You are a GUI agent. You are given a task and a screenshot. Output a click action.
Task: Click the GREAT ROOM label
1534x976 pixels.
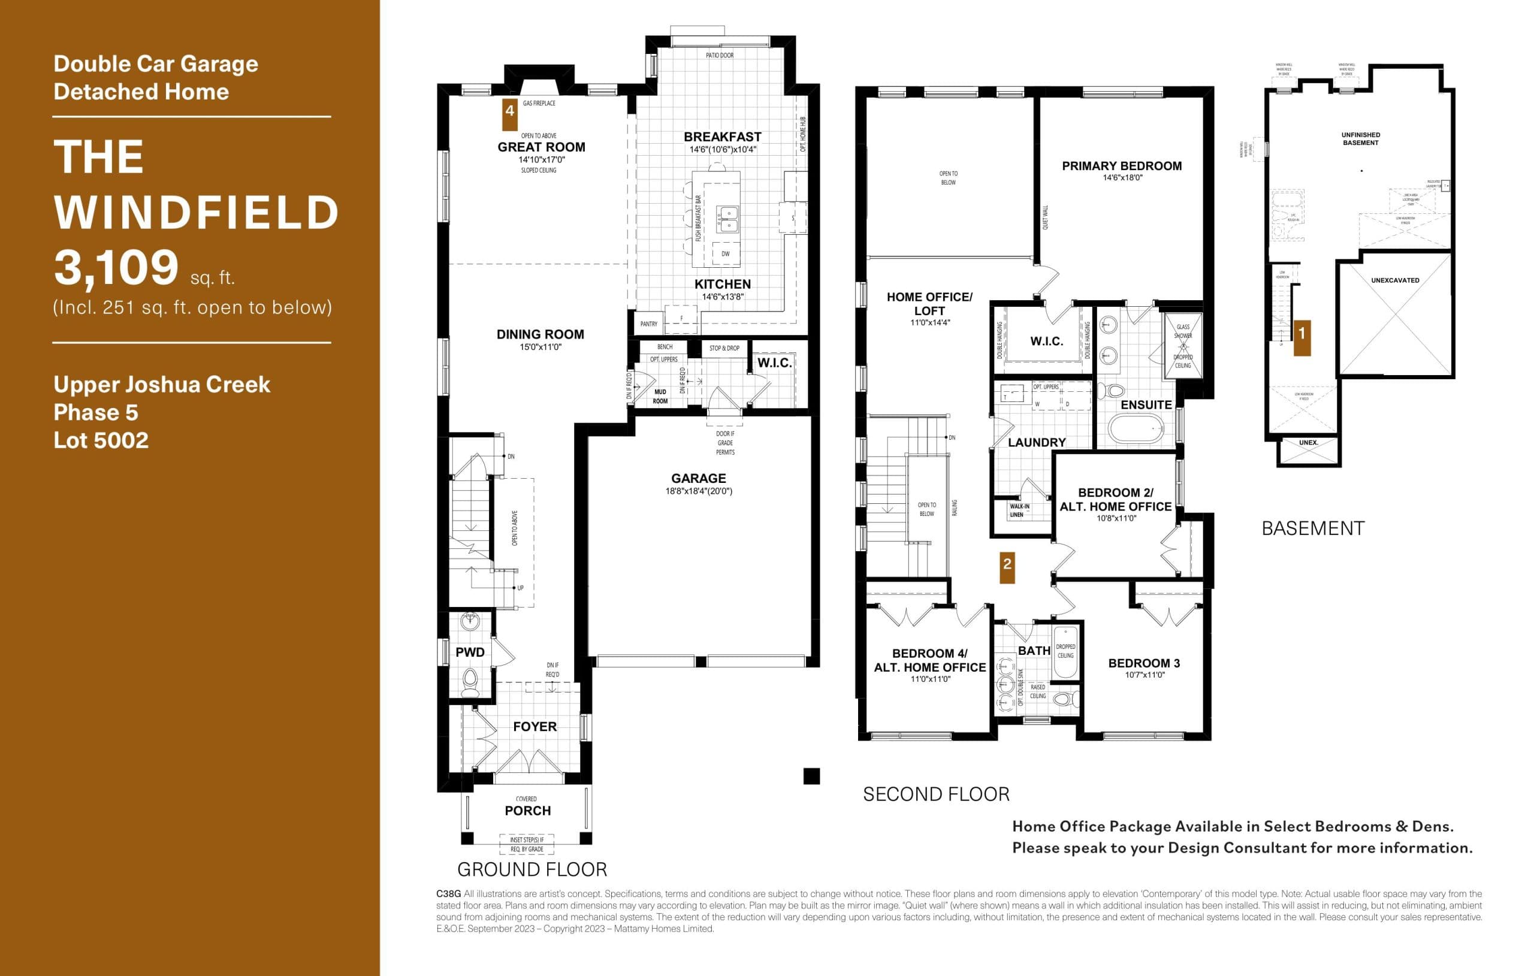541,147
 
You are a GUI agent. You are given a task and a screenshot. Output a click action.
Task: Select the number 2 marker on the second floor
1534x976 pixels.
1007,564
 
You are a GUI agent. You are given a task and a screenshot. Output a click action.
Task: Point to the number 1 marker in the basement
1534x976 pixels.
1302,333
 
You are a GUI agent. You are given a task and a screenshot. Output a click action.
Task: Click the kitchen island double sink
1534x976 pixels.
726,219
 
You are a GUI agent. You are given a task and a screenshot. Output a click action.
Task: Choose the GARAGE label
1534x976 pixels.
698,479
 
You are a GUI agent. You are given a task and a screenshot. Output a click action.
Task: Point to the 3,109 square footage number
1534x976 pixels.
116,268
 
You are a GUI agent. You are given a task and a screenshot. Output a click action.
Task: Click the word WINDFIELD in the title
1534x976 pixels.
196,212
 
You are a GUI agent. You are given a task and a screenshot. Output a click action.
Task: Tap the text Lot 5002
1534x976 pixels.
101,440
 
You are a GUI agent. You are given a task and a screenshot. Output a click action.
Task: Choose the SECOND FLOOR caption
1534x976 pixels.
936,794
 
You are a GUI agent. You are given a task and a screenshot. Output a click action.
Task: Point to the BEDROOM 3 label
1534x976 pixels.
1143,663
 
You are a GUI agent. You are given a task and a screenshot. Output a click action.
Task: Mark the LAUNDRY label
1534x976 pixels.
1037,443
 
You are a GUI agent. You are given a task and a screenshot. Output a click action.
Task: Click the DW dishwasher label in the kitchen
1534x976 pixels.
726,253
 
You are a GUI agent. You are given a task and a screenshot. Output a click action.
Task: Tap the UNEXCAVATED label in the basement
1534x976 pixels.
1394,280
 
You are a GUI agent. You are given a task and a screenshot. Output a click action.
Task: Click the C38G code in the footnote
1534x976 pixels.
448,894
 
